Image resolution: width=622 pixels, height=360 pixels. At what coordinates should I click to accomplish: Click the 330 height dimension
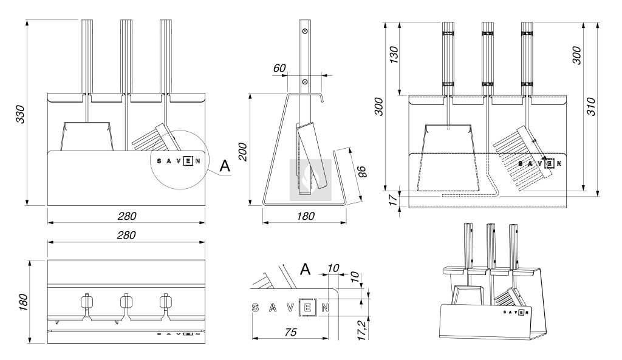coord(20,113)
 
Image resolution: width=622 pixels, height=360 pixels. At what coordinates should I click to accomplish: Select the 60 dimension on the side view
coord(279,68)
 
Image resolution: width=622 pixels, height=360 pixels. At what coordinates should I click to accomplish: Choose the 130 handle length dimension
coord(394,56)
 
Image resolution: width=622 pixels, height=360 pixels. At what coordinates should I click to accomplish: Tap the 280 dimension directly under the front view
coord(126,216)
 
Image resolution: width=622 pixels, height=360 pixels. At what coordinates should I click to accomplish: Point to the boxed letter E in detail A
coord(308,307)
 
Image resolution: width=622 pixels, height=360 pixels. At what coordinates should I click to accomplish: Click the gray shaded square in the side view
coord(310,180)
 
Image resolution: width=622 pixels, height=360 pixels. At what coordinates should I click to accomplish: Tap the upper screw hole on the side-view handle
coord(306,30)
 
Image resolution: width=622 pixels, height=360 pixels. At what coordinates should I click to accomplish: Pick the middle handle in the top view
coord(126,302)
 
